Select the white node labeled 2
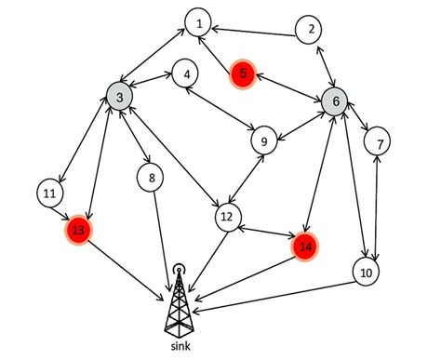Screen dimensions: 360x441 pos(309,29)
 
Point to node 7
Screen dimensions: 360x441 pos(378,143)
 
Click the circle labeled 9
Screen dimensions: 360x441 pos(264,141)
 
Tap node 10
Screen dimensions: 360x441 pos(367,271)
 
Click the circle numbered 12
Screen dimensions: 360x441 pos(227,217)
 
